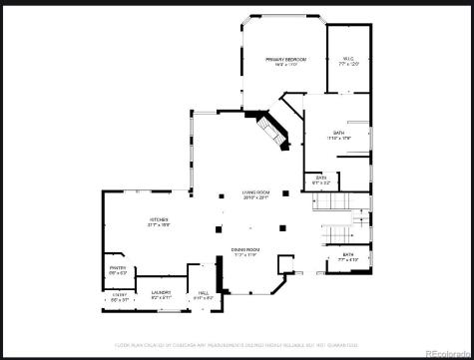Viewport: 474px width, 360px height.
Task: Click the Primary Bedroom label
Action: [284, 60]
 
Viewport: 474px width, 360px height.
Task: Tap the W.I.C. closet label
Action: [348, 59]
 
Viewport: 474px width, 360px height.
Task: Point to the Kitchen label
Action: [159, 219]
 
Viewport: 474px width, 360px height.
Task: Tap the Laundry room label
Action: [161, 292]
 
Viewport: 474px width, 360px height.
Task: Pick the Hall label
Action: [203, 292]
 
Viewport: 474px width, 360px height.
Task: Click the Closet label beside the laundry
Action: [119, 294]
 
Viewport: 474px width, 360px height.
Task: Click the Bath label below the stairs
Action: [348, 254]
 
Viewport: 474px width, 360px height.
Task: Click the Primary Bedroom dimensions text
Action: [284, 66]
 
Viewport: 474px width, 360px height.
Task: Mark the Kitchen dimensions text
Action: [159, 225]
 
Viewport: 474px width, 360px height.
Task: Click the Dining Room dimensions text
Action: [245, 254]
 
